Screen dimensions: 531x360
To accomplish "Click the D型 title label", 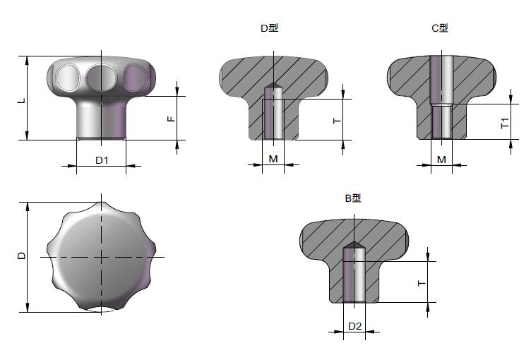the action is point(270,28).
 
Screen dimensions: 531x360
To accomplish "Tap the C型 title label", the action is point(440,28).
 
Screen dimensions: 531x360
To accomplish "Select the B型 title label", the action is point(353,198).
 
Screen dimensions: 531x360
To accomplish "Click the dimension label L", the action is point(22,100).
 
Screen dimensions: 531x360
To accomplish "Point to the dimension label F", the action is point(172,119).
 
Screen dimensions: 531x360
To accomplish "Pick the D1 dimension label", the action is point(102,160).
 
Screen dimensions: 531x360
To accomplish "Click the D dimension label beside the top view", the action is point(21,256).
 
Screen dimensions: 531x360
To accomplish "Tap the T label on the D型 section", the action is point(337,121).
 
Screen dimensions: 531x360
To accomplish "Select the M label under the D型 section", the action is point(273,159).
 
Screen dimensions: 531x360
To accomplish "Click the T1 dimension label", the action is point(505,123).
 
